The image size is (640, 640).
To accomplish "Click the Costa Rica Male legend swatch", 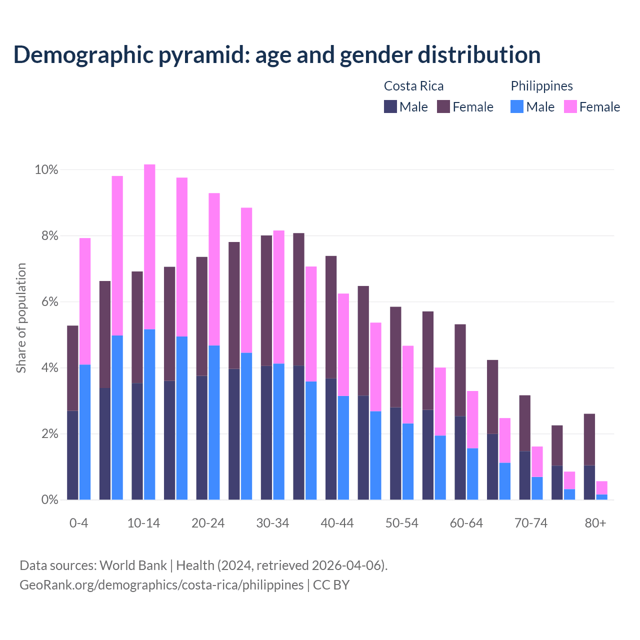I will pos(390,106).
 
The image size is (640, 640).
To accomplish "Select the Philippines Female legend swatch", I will pos(570,106).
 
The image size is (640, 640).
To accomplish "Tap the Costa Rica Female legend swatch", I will pos(443,106).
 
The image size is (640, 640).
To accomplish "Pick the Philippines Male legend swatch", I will pos(517,106).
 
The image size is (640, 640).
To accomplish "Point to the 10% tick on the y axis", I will pos(46,170).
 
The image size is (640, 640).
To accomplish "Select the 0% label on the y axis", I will pos(49,500).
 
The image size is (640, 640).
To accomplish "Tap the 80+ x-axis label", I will pos(595,523).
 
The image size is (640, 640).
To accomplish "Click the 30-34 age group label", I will pos(272,523).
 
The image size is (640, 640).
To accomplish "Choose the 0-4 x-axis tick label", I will pos(78,523).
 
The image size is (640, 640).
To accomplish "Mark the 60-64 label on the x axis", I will pos(466,523).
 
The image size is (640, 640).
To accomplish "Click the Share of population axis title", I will pos(21,318).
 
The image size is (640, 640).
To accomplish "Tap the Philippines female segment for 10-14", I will pos(149,246).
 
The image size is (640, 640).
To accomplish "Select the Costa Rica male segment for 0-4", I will pos(72,455).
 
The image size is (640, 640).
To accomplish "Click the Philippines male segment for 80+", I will pos(601,497).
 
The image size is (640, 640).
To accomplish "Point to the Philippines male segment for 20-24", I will pos(214,422).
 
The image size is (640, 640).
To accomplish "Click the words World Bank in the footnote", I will pos(133,565).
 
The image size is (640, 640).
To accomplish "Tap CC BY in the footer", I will pos(331,585).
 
